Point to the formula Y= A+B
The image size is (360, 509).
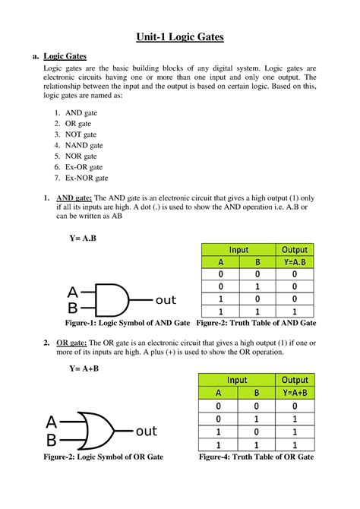point(84,368)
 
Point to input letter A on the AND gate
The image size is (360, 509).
point(72,292)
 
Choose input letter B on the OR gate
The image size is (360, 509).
point(52,441)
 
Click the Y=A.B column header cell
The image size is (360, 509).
point(295,263)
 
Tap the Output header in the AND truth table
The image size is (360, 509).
point(295,250)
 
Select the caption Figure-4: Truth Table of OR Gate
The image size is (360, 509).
point(256,457)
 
